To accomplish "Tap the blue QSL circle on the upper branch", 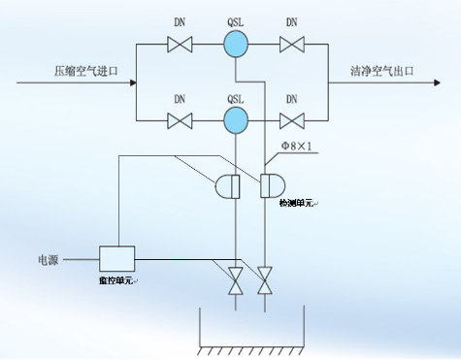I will pos(234,45).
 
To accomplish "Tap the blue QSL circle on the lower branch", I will pos(234,120).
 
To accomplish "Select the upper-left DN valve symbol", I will pos(180,45).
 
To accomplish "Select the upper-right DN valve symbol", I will pos(291,45).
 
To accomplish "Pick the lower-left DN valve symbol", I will pos(180,120).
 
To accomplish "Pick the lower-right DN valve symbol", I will pos(291,120).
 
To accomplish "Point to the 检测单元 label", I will pos(298,202).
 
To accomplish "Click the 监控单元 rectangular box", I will pos(116,258).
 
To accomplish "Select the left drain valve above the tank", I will pos(234,280).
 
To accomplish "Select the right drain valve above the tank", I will pos(264,280).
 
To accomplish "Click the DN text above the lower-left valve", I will pos(180,98).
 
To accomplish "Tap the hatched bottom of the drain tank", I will pos(249,348).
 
